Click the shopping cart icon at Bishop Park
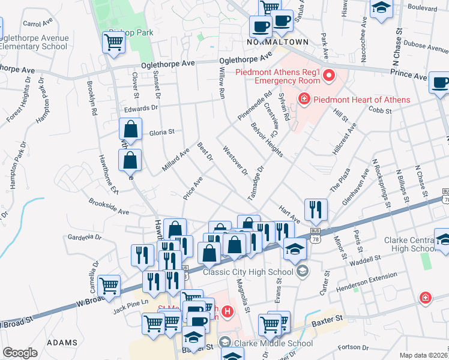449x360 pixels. point(113,42)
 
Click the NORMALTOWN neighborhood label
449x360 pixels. point(277,43)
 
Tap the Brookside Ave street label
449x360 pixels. point(109,208)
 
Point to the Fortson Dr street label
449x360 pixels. point(353,347)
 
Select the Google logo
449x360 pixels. point(20,353)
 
